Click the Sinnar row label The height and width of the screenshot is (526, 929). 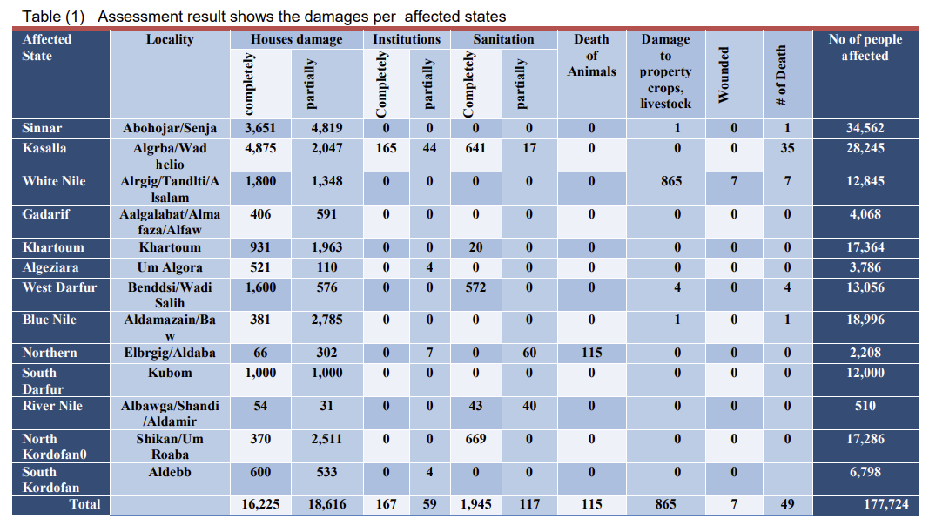(42, 128)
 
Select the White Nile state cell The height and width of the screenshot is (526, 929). (54, 181)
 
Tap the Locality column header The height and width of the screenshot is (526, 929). (170, 39)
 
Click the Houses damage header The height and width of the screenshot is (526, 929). (296, 39)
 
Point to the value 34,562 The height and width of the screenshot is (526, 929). (865, 128)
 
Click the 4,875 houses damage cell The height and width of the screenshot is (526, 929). (260, 148)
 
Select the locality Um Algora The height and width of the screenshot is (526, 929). (170, 267)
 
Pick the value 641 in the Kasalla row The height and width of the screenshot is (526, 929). (475, 148)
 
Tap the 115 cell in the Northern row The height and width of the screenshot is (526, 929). (591, 353)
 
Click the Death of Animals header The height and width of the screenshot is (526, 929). (591, 55)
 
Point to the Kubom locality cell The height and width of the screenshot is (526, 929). (170, 373)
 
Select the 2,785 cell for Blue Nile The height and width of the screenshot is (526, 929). (326, 320)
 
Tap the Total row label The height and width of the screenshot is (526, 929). (85, 504)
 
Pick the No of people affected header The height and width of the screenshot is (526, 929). (865, 47)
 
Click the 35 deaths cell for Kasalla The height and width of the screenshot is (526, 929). (787, 148)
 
